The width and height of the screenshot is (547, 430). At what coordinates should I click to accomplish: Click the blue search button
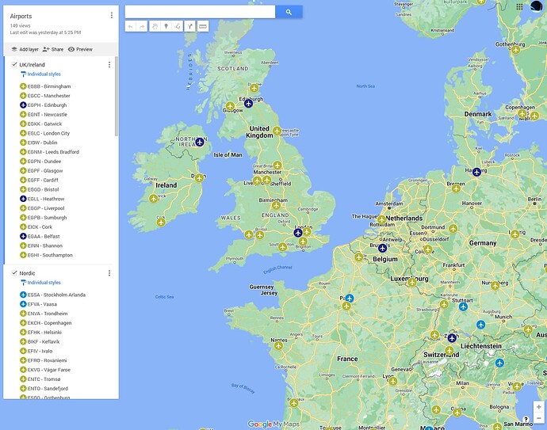tap(289, 12)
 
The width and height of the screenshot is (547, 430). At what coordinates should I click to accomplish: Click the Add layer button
tap(25, 49)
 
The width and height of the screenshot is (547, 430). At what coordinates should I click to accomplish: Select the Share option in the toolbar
tap(53, 49)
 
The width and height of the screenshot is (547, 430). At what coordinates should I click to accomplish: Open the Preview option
tap(80, 49)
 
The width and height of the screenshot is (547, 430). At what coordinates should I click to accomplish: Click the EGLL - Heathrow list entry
tap(46, 199)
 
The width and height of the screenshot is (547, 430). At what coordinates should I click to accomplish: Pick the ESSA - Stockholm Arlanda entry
tap(55, 295)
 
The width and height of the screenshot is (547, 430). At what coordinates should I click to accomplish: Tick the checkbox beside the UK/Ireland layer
tap(14, 64)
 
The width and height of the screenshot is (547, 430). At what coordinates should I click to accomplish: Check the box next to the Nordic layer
tap(14, 273)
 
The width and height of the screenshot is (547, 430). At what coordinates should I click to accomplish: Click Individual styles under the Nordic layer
tap(44, 283)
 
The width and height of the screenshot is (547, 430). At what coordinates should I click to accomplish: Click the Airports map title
tap(21, 16)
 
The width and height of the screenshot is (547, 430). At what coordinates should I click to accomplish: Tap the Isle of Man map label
tap(228, 154)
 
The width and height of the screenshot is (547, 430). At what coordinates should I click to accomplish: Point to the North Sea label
tap(365, 86)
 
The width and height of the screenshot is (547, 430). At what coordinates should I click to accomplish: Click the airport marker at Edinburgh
tap(248, 103)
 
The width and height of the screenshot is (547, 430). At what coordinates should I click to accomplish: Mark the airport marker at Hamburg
tap(476, 172)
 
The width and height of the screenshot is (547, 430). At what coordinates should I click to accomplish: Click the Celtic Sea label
tap(165, 297)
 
